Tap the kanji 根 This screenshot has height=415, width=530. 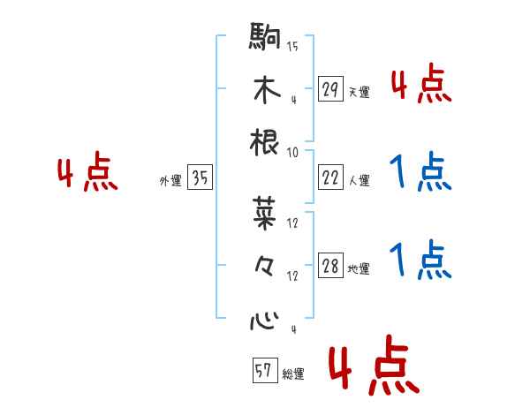(265, 142)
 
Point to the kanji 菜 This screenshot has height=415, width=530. (265, 211)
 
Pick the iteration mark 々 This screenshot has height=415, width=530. (265, 265)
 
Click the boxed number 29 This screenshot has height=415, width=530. (330, 89)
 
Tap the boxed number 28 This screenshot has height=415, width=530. (330, 267)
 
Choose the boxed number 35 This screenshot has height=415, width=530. (200, 178)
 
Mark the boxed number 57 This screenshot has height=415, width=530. (263, 372)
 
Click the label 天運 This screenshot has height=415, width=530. (359, 92)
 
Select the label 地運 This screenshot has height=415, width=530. (359, 269)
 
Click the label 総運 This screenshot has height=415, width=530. (292, 374)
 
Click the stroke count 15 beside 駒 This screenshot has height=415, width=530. (292, 45)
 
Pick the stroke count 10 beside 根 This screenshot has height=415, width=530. (292, 152)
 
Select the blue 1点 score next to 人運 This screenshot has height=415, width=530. (420, 173)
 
